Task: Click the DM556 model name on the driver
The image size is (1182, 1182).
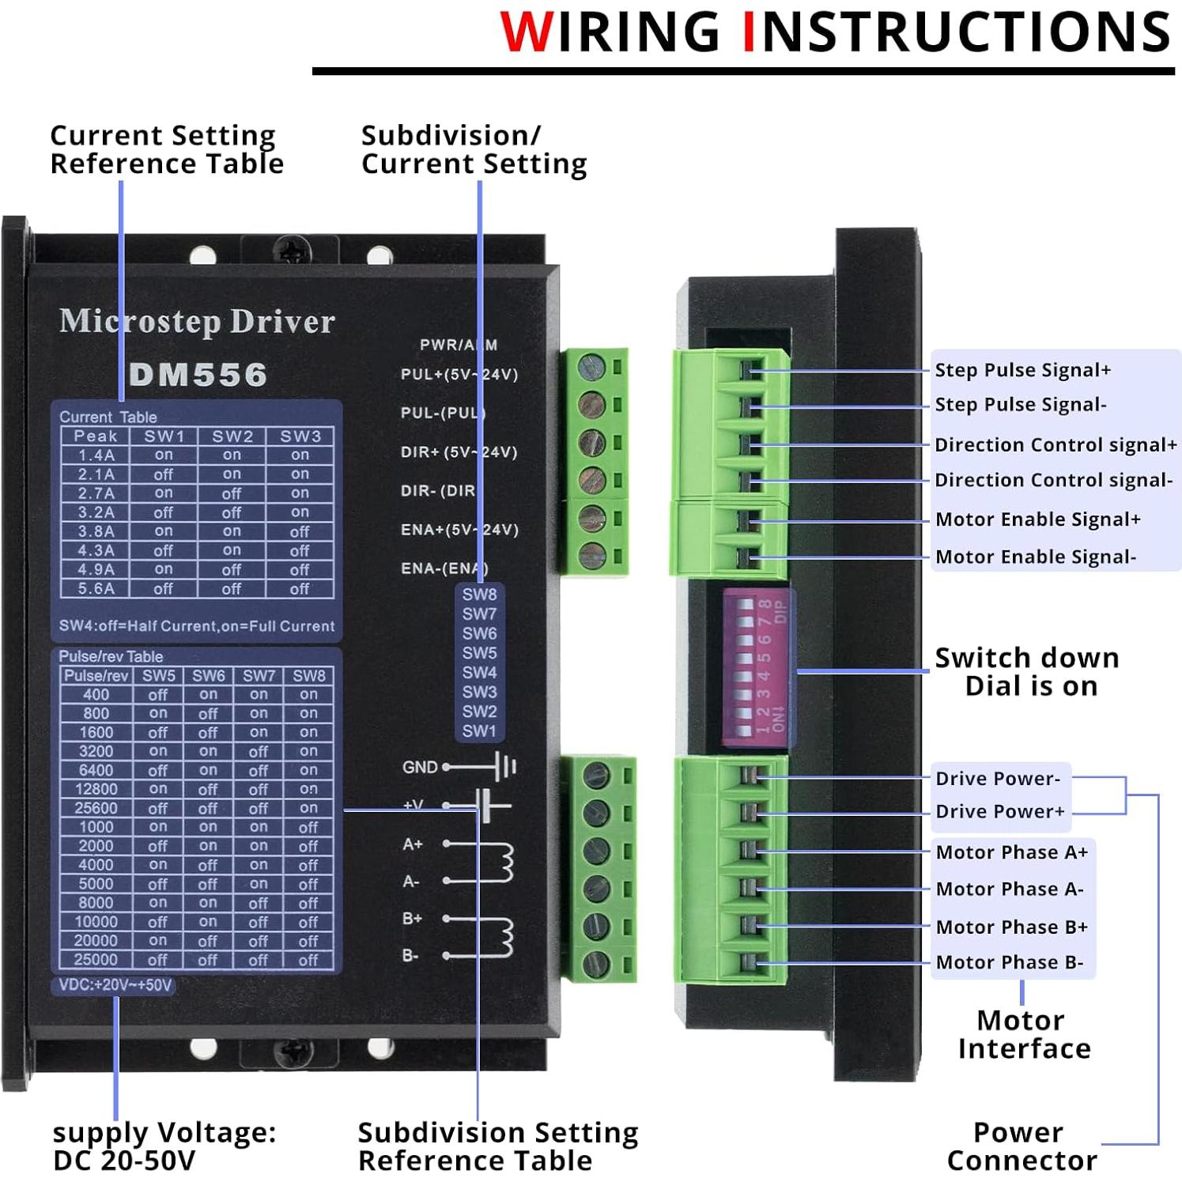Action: [x=198, y=375]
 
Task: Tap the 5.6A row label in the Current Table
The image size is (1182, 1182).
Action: [x=96, y=589]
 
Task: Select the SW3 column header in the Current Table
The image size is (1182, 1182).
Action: [x=300, y=436]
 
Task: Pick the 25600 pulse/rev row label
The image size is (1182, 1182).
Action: [x=96, y=808]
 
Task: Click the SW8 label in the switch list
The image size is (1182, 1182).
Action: [x=479, y=595]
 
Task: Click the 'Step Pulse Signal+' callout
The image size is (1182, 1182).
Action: [x=1022, y=370]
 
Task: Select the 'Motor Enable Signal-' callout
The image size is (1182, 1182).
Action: [x=1035, y=557]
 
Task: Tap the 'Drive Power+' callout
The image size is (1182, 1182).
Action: [x=999, y=812]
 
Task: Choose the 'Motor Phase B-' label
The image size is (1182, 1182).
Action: [x=1009, y=962]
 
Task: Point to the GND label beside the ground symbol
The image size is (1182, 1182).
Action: [x=419, y=767]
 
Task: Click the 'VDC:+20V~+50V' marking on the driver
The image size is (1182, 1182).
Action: [x=115, y=985]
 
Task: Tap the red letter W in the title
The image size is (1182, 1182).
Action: [x=527, y=32]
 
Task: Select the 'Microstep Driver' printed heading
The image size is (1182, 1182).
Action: [x=197, y=321]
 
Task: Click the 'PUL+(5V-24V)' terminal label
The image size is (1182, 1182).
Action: [x=459, y=375]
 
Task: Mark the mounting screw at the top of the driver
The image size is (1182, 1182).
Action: [x=292, y=252]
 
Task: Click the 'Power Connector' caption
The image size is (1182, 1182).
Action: [x=1021, y=1146]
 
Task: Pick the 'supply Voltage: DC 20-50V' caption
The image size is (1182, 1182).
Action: [x=164, y=1146]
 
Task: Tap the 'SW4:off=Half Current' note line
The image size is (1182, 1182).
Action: [x=197, y=626]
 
